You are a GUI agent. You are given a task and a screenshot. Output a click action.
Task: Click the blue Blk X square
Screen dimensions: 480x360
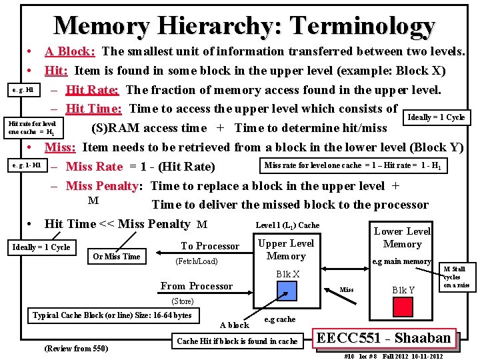coord(287,291)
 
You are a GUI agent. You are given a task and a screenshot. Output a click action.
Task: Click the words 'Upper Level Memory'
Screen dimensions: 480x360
coord(286,249)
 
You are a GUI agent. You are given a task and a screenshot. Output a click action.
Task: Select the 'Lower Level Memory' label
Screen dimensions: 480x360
coord(402,237)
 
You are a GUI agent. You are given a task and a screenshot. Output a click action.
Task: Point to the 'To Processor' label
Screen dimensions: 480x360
coord(210,246)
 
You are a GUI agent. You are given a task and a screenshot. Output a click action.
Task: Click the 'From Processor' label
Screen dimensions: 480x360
coord(197,286)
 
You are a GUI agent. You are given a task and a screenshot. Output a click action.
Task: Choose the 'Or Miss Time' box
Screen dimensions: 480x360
coord(117,257)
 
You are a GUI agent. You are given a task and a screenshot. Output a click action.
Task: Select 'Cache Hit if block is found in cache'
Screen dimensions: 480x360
coord(237,341)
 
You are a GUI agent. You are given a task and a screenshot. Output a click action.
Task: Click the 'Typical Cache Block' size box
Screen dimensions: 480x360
coord(112,315)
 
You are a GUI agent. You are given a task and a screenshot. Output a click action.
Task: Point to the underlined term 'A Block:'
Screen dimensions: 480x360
coord(70,51)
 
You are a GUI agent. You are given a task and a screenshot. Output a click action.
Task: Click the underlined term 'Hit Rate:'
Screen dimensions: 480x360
coord(93,90)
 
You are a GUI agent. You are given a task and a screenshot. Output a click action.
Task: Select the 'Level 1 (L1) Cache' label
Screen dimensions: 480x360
coord(287,225)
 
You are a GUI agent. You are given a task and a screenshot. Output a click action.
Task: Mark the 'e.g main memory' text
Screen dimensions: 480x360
coord(402,261)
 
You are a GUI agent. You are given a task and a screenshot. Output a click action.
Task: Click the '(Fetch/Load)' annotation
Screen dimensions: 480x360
coord(196,261)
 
